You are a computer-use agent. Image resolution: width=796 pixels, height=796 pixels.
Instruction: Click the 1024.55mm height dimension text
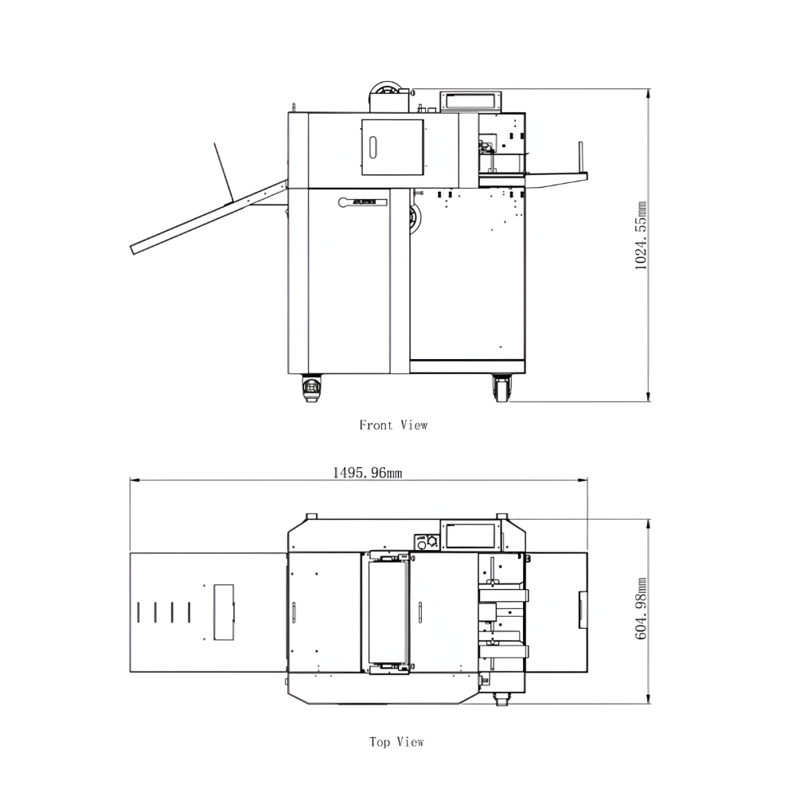(x=641, y=236)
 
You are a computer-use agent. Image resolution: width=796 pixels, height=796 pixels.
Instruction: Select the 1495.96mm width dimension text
(x=367, y=473)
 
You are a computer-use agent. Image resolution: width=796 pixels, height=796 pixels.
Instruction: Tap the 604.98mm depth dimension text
(x=641, y=608)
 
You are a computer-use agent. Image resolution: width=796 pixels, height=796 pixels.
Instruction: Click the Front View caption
(x=393, y=425)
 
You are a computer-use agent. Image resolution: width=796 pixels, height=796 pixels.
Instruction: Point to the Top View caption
(x=396, y=742)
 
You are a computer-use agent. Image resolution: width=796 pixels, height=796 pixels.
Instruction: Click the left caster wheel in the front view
(x=310, y=388)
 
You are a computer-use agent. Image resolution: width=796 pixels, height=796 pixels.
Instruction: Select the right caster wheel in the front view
(x=501, y=388)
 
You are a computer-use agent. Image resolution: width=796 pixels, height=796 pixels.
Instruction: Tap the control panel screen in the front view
(x=471, y=101)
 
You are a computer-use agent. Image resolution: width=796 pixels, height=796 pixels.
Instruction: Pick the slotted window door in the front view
(x=392, y=148)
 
